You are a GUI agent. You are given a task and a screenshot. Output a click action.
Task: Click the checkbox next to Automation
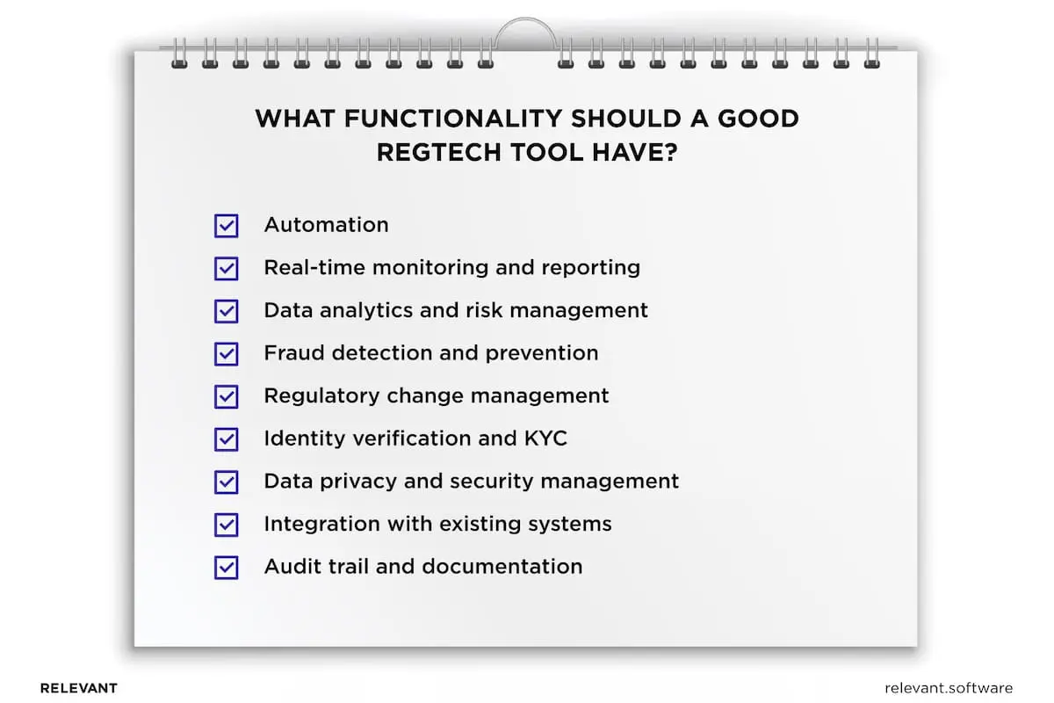[x=227, y=226]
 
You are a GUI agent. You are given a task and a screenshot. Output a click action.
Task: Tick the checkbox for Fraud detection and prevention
[x=227, y=354]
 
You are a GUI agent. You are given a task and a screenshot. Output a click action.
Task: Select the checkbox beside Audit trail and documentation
[x=227, y=567]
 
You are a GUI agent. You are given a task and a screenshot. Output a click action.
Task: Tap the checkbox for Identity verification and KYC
[x=227, y=439]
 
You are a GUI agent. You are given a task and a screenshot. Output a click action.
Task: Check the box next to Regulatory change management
[x=227, y=396]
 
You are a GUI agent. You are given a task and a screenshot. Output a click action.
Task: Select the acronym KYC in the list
[x=544, y=438]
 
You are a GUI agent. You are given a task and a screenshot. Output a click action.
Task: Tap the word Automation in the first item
[x=326, y=225]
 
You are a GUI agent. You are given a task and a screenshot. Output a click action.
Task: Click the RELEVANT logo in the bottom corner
[x=79, y=688]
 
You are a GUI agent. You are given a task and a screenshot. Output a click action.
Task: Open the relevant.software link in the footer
[x=949, y=688]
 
